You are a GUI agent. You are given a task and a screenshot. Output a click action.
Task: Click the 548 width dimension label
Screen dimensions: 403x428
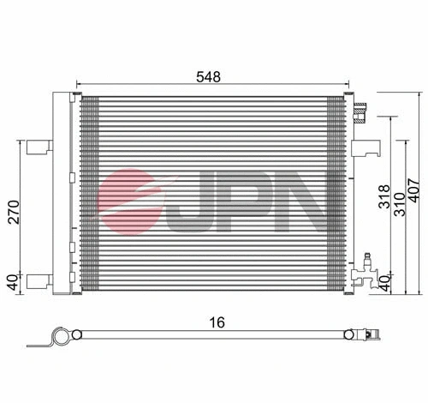[209, 76]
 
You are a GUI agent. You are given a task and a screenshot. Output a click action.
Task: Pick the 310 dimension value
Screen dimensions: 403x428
[400, 205]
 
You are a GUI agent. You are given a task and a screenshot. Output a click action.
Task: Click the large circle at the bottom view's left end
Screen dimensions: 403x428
[58, 337]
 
